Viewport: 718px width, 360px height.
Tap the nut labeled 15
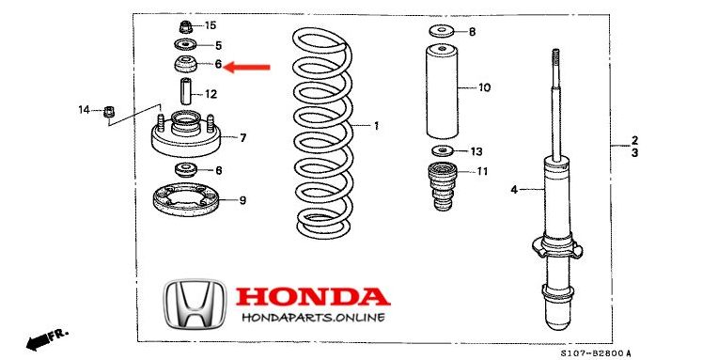(184, 24)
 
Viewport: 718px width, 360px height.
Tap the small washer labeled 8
(440, 32)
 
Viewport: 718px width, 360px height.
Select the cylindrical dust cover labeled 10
(440, 89)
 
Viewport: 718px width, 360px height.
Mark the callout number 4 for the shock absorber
(514, 190)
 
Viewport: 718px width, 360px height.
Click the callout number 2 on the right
(634, 138)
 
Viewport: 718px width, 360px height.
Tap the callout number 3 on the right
(634, 151)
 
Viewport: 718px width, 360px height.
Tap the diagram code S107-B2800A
(596, 352)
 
